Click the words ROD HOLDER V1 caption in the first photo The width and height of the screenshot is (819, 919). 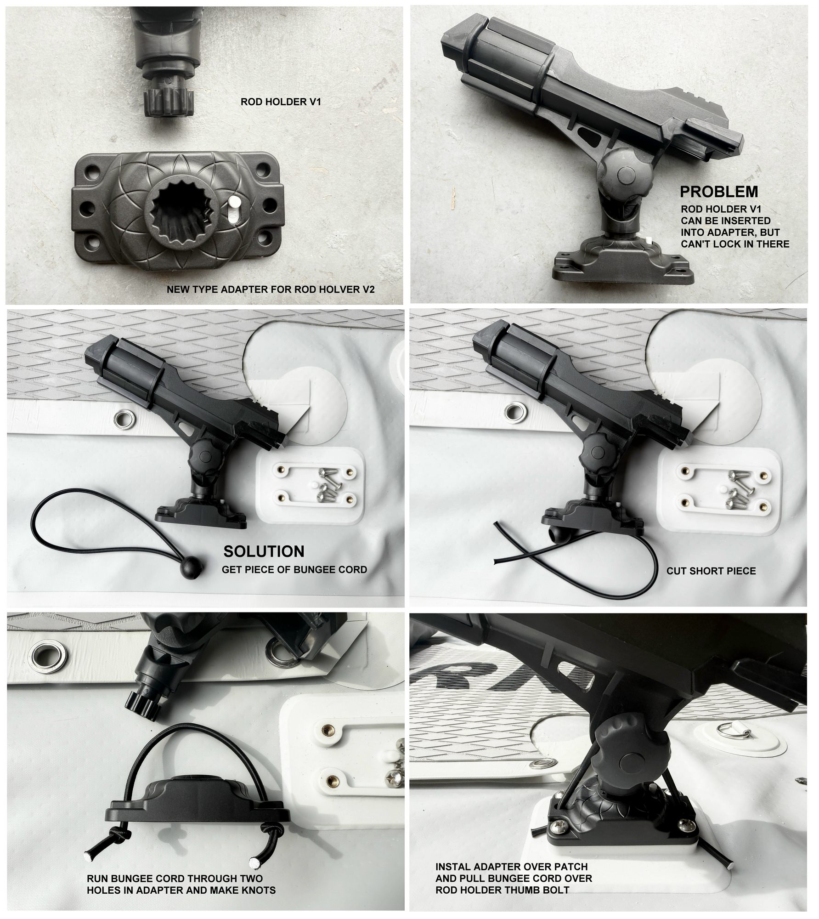coord(281,102)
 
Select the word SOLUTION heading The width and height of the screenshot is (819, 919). coord(264,551)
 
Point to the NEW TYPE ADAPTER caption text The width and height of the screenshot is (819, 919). coord(271,289)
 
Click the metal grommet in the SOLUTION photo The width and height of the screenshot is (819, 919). coord(124,419)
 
